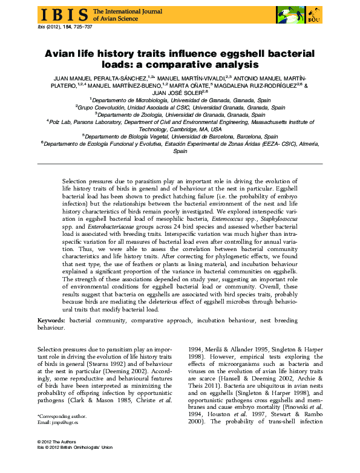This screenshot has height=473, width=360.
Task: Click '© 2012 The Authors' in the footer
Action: point(56,460)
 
